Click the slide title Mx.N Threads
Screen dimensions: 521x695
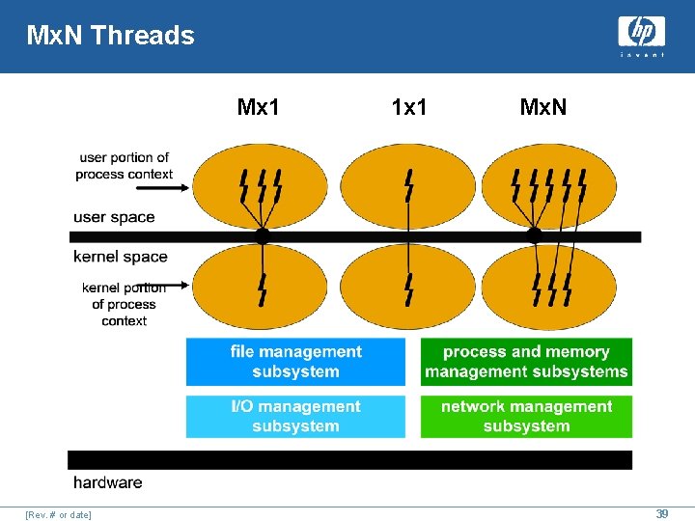point(110,37)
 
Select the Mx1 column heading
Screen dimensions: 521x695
point(258,107)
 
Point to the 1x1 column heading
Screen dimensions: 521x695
point(409,107)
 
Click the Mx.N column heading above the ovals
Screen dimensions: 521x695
point(542,107)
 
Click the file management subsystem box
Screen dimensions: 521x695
point(295,362)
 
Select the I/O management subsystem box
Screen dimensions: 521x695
point(295,416)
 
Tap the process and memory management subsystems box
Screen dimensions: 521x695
point(526,362)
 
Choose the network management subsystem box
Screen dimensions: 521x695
point(526,416)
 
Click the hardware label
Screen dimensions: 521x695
point(107,482)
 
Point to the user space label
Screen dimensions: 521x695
point(114,217)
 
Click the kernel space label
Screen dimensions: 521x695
point(121,257)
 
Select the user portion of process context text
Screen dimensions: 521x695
point(124,165)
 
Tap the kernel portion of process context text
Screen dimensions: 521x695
point(124,304)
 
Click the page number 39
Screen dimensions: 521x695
point(661,514)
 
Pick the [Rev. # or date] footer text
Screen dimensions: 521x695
point(59,515)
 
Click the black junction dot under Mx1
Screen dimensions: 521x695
point(262,235)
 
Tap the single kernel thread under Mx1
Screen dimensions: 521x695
point(262,288)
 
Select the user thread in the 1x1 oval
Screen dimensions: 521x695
point(408,184)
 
